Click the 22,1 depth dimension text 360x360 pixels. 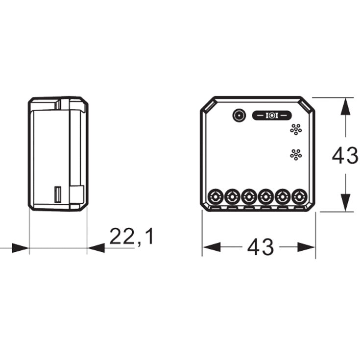(x=131, y=237)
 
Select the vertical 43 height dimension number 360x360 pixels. (x=345, y=156)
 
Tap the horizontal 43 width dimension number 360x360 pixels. (x=260, y=247)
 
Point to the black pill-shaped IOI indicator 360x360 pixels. (x=271, y=115)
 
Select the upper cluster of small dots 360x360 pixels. (x=296, y=129)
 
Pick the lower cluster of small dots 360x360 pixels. (x=296, y=154)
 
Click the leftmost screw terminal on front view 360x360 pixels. (x=215, y=197)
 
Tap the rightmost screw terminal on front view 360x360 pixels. (x=298, y=197)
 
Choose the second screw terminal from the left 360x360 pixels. (x=232, y=197)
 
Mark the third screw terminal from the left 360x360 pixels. (x=248, y=197)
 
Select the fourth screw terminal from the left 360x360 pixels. (x=265, y=197)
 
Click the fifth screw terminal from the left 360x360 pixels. (x=282, y=197)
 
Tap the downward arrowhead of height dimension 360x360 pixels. (x=346, y=202)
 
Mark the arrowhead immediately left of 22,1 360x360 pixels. (x=96, y=248)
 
